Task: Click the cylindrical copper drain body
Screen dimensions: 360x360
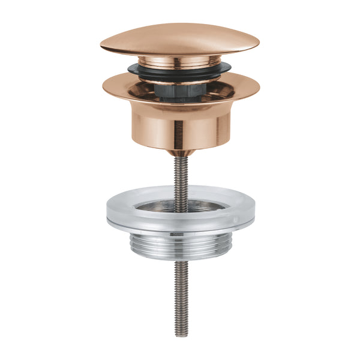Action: click(x=180, y=129)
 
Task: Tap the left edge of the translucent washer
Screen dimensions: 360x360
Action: click(x=108, y=207)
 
